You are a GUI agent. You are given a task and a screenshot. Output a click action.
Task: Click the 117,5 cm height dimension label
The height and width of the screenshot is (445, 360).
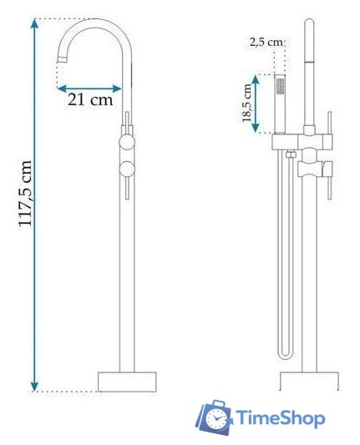[25, 194]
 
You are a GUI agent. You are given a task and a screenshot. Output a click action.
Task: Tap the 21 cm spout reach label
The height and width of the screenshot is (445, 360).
[90, 99]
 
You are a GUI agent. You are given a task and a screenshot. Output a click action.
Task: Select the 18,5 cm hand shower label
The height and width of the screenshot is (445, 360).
[247, 103]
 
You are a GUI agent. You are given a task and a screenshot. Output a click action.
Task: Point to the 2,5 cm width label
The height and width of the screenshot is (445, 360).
[266, 43]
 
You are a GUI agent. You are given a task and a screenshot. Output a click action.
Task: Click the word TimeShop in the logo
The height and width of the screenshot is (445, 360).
[281, 418]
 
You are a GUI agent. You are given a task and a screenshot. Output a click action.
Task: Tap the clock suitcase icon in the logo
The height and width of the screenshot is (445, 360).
[215, 417]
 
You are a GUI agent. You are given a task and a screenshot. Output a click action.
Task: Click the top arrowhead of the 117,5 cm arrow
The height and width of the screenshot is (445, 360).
[34, 23]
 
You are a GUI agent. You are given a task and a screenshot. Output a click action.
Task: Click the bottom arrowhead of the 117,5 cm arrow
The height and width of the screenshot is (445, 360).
[34, 386]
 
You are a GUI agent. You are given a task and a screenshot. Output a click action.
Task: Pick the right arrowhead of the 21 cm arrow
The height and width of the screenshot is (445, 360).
[117, 88]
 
